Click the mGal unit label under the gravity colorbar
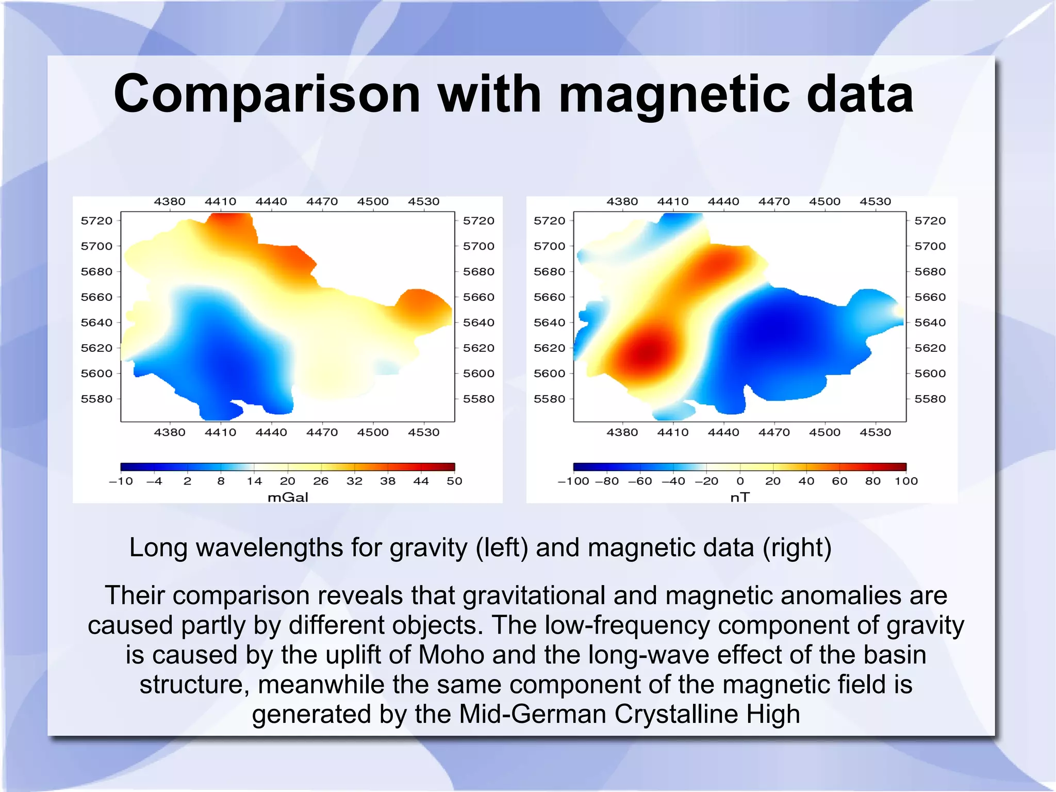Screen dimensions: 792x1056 (288, 497)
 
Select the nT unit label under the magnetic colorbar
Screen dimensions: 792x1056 (740, 497)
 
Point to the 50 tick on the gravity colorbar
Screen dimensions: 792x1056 (454, 481)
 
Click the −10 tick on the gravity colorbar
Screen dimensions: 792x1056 (121, 481)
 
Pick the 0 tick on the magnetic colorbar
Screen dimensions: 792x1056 (740, 481)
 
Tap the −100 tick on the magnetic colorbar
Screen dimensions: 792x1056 (573, 481)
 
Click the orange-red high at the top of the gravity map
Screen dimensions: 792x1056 (229, 222)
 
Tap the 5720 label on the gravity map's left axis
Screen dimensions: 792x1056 (96, 221)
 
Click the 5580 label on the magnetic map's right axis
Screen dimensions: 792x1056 (930, 399)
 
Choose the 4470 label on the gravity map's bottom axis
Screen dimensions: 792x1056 (322, 432)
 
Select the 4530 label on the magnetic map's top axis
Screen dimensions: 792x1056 (875, 202)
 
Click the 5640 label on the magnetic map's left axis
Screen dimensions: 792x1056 (549, 322)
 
